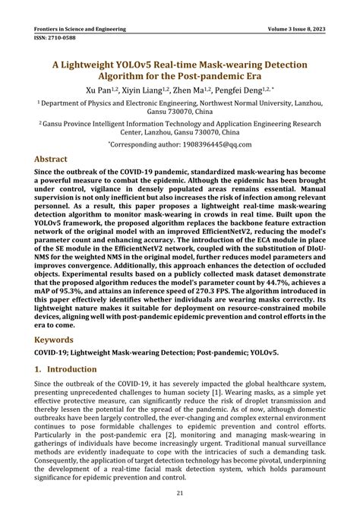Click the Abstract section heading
(x=55, y=160)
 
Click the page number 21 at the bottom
(x=180, y=495)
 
